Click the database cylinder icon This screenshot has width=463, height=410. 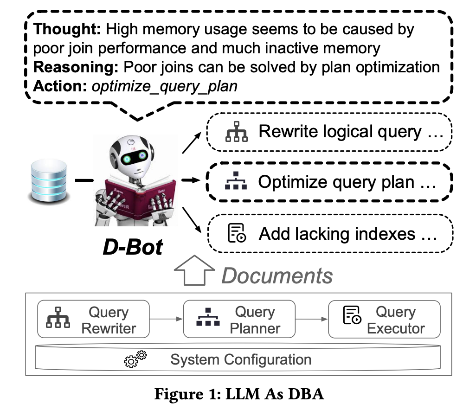[x=48, y=181]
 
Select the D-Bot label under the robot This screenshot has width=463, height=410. [x=133, y=247]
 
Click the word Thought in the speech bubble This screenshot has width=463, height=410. [x=67, y=30]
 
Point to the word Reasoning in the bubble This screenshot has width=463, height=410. [x=77, y=67]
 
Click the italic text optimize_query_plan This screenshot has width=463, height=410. [x=165, y=86]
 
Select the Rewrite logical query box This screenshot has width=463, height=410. [x=329, y=132]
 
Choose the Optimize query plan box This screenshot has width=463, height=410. [x=329, y=182]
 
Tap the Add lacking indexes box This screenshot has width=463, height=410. [x=329, y=233]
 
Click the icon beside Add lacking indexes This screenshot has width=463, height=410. [x=236, y=233]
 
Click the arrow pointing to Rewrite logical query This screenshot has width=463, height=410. [x=192, y=141]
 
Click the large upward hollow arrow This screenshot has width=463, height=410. [x=194, y=271]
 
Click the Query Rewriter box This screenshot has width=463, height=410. [x=93, y=320]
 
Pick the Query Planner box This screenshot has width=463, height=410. [x=239, y=320]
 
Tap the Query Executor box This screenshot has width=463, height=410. [x=383, y=320]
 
